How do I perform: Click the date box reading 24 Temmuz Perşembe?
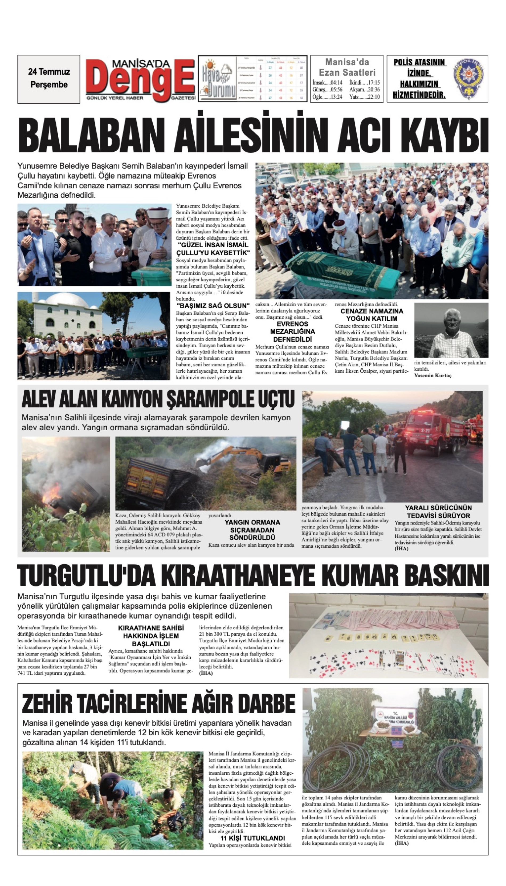click(x=49, y=79)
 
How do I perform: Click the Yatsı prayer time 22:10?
click(x=365, y=97)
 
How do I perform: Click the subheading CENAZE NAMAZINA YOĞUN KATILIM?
click(x=372, y=315)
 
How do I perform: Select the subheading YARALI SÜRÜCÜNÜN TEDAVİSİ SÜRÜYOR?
click(x=438, y=512)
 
